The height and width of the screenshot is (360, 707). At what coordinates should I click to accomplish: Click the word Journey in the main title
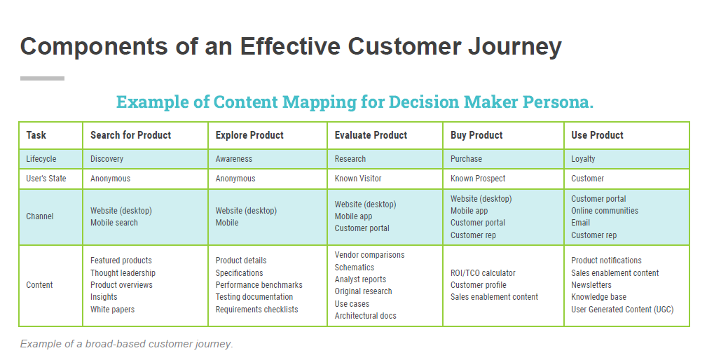[512, 46]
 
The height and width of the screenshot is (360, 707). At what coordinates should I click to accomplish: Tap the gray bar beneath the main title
[42, 78]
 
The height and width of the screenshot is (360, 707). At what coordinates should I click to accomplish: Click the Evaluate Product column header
[371, 135]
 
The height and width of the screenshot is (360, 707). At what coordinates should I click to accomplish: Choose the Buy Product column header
[476, 135]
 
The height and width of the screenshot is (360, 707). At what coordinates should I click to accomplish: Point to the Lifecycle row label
[41, 159]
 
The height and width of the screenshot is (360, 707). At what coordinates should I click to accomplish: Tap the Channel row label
[40, 216]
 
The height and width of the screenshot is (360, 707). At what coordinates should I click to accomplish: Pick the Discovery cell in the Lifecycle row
[107, 159]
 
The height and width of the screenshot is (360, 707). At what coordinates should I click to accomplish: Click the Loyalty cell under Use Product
[583, 159]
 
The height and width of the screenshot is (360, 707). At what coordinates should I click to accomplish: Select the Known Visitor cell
[358, 179]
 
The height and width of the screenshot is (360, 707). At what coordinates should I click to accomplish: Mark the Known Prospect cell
[478, 179]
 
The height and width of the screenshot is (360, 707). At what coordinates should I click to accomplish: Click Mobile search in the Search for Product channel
[114, 223]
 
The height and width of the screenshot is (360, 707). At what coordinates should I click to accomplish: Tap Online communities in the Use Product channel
[605, 211]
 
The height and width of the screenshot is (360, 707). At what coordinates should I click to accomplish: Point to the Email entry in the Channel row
[581, 223]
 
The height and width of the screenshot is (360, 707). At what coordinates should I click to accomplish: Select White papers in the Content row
[112, 310]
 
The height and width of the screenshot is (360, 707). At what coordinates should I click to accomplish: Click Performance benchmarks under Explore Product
[259, 285]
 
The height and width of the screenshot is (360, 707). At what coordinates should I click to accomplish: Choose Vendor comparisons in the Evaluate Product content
[369, 255]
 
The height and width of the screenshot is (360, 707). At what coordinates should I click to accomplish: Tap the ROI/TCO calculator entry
[483, 273]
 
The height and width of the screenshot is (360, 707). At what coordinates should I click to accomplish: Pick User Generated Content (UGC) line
[622, 310]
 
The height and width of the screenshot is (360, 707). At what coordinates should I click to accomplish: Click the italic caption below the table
[126, 344]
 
